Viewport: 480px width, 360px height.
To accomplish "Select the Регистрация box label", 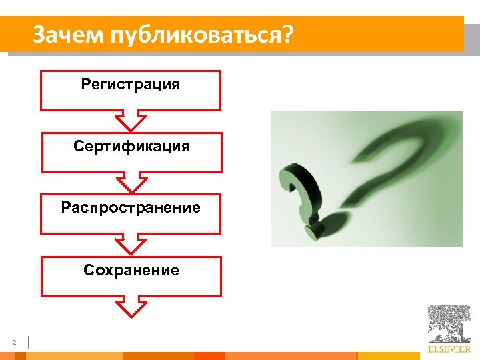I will coord(131,85).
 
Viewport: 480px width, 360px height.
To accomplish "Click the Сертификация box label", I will coord(131,146).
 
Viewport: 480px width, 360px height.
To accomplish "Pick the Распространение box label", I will coord(131,207).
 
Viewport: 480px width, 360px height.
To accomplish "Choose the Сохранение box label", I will coord(131,270).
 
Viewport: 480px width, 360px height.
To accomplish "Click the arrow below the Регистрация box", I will coord(131,121).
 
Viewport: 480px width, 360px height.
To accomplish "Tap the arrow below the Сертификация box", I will coord(131,182).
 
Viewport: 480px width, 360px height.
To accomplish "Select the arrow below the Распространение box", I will coord(131,244).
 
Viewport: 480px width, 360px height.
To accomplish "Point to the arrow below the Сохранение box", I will coord(131,306).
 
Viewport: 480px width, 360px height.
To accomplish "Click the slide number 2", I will coord(13,343).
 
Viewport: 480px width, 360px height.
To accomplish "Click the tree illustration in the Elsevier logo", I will coord(449,324).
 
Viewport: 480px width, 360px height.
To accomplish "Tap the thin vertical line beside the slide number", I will coord(29,342).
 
